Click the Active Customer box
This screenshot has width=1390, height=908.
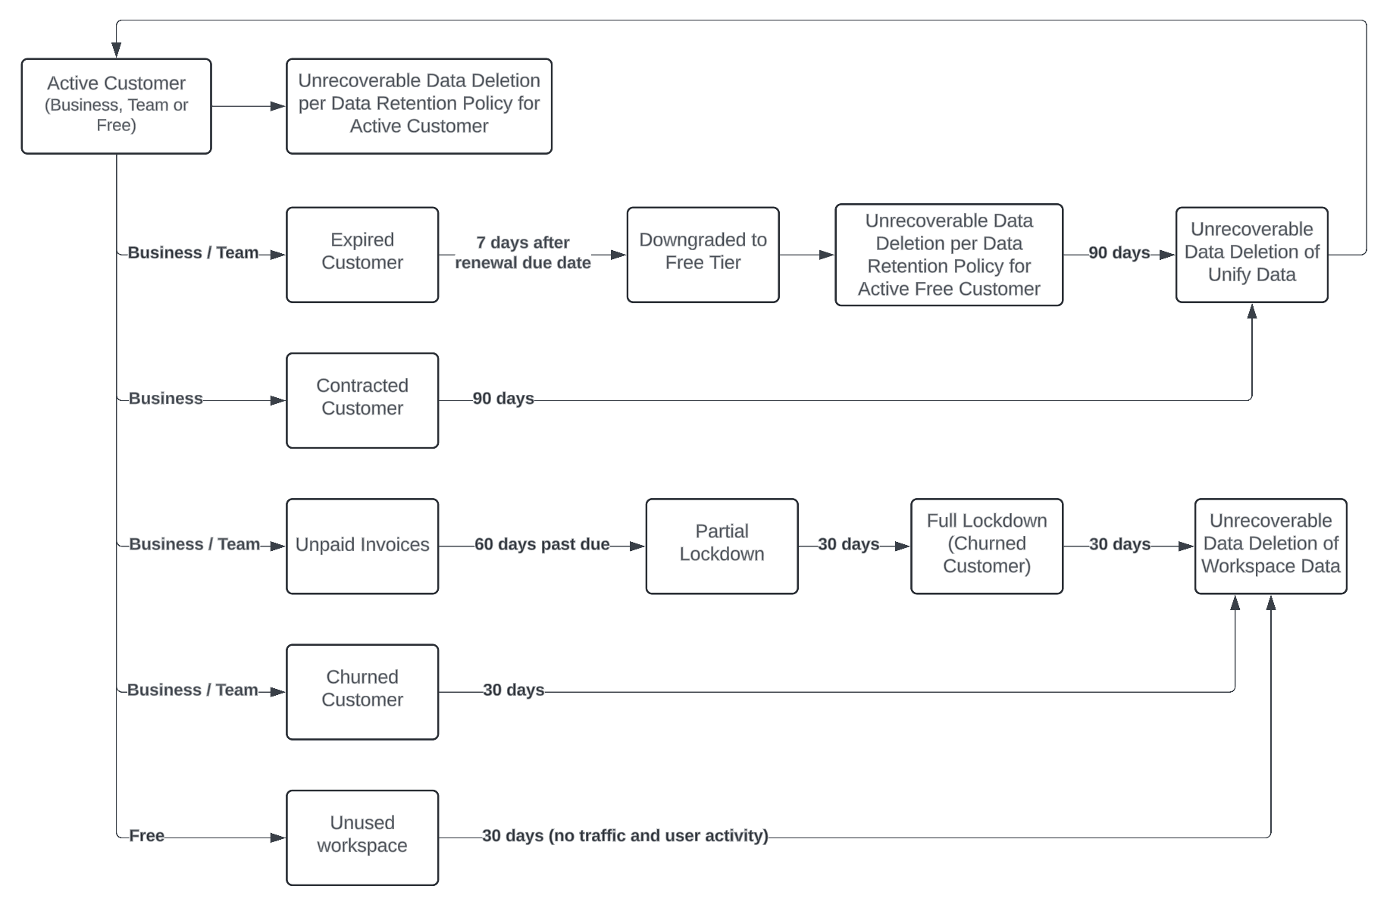(x=116, y=106)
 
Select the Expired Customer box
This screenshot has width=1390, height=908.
(x=362, y=255)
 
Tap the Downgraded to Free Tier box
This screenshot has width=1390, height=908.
(x=703, y=255)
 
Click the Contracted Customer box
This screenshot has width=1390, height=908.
(x=362, y=400)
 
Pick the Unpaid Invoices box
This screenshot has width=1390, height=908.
(x=362, y=546)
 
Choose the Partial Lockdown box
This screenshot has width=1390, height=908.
(x=722, y=546)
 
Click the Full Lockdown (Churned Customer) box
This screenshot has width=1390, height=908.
(x=986, y=546)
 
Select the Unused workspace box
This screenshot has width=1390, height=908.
(x=362, y=838)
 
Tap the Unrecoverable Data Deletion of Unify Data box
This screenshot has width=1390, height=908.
(x=1251, y=255)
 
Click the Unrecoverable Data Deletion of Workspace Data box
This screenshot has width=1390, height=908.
(x=1270, y=546)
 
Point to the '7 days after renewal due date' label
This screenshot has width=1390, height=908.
(x=523, y=252)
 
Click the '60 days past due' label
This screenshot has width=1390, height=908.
(x=542, y=544)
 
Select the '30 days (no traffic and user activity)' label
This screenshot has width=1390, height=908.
(x=625, y=835)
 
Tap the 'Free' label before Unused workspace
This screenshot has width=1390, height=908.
(x=146, y=835)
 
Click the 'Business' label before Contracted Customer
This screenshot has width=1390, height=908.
(x=165, y=398)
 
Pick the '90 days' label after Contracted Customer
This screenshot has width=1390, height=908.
(x=503, y=398)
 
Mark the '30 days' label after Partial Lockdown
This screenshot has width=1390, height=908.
(x=848, y=544)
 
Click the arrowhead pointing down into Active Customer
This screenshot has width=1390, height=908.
(x=116, y=49)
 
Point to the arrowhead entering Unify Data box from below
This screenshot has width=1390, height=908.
(x=1251, y=312)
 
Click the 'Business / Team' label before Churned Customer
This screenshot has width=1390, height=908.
(x=193, y=690)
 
